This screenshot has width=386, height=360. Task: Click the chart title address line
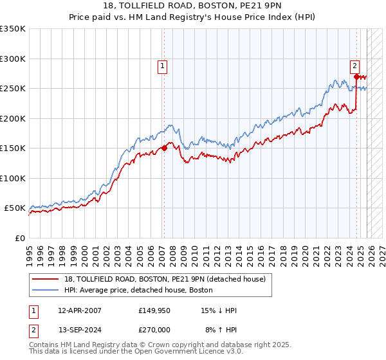(192, 6)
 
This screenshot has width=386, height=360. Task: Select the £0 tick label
(20, 238)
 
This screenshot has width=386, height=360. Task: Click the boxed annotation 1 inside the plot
(162, 65)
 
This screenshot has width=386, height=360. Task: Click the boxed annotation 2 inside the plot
(354, 65)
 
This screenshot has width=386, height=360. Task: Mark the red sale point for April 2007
(164, 148)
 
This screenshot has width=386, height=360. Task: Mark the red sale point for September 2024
(356, 76)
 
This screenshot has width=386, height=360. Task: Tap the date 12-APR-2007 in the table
(79, 310)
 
